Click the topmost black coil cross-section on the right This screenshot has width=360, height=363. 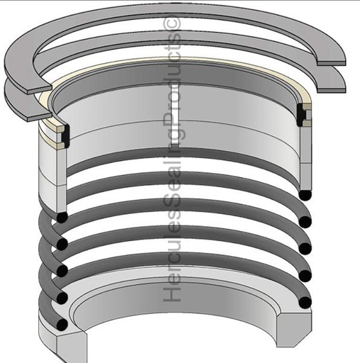point(305,194)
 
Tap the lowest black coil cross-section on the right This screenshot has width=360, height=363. point(305,302)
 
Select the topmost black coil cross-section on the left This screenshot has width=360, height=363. point(62,217)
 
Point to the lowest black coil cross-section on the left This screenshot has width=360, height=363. point(62,324)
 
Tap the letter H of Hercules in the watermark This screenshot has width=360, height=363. point(172,290)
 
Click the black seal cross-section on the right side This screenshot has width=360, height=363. point(301,115)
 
